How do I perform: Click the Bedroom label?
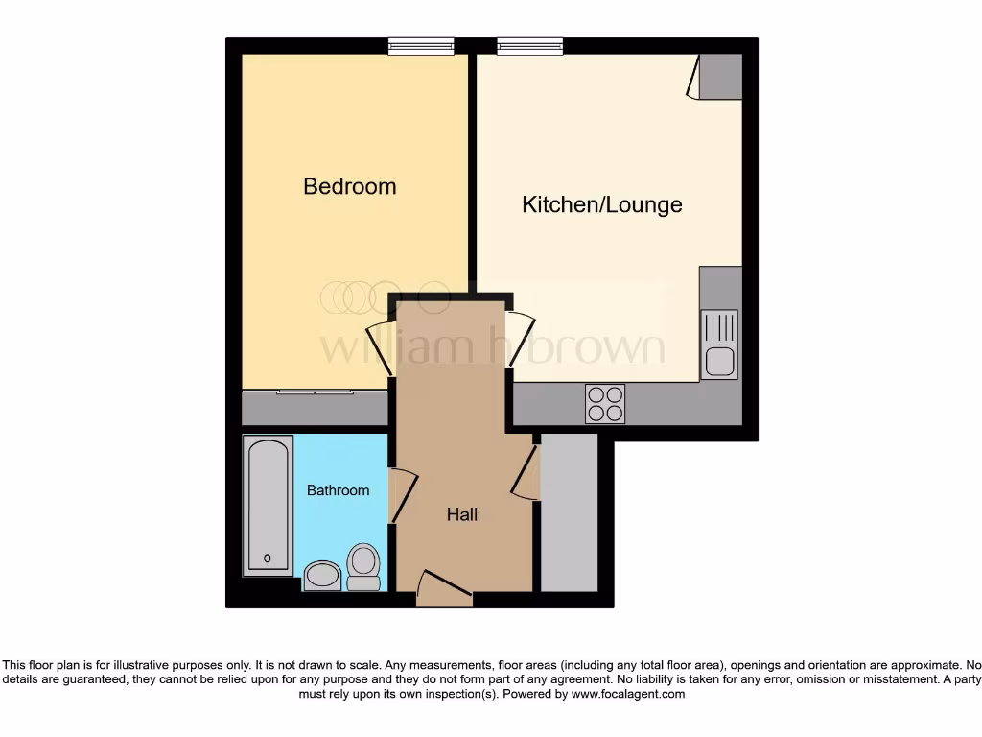349,186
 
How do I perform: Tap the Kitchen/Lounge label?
601,204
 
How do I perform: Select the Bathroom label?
338,490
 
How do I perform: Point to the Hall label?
461,515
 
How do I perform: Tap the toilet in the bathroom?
363,567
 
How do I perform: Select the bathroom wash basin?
322,575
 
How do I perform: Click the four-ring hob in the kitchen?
605,403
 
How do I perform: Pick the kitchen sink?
719,345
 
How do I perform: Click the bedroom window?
421,45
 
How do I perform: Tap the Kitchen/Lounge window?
530,45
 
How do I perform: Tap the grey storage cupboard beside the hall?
569,512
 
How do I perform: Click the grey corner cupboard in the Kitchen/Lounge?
720,76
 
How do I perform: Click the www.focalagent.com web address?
627,694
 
